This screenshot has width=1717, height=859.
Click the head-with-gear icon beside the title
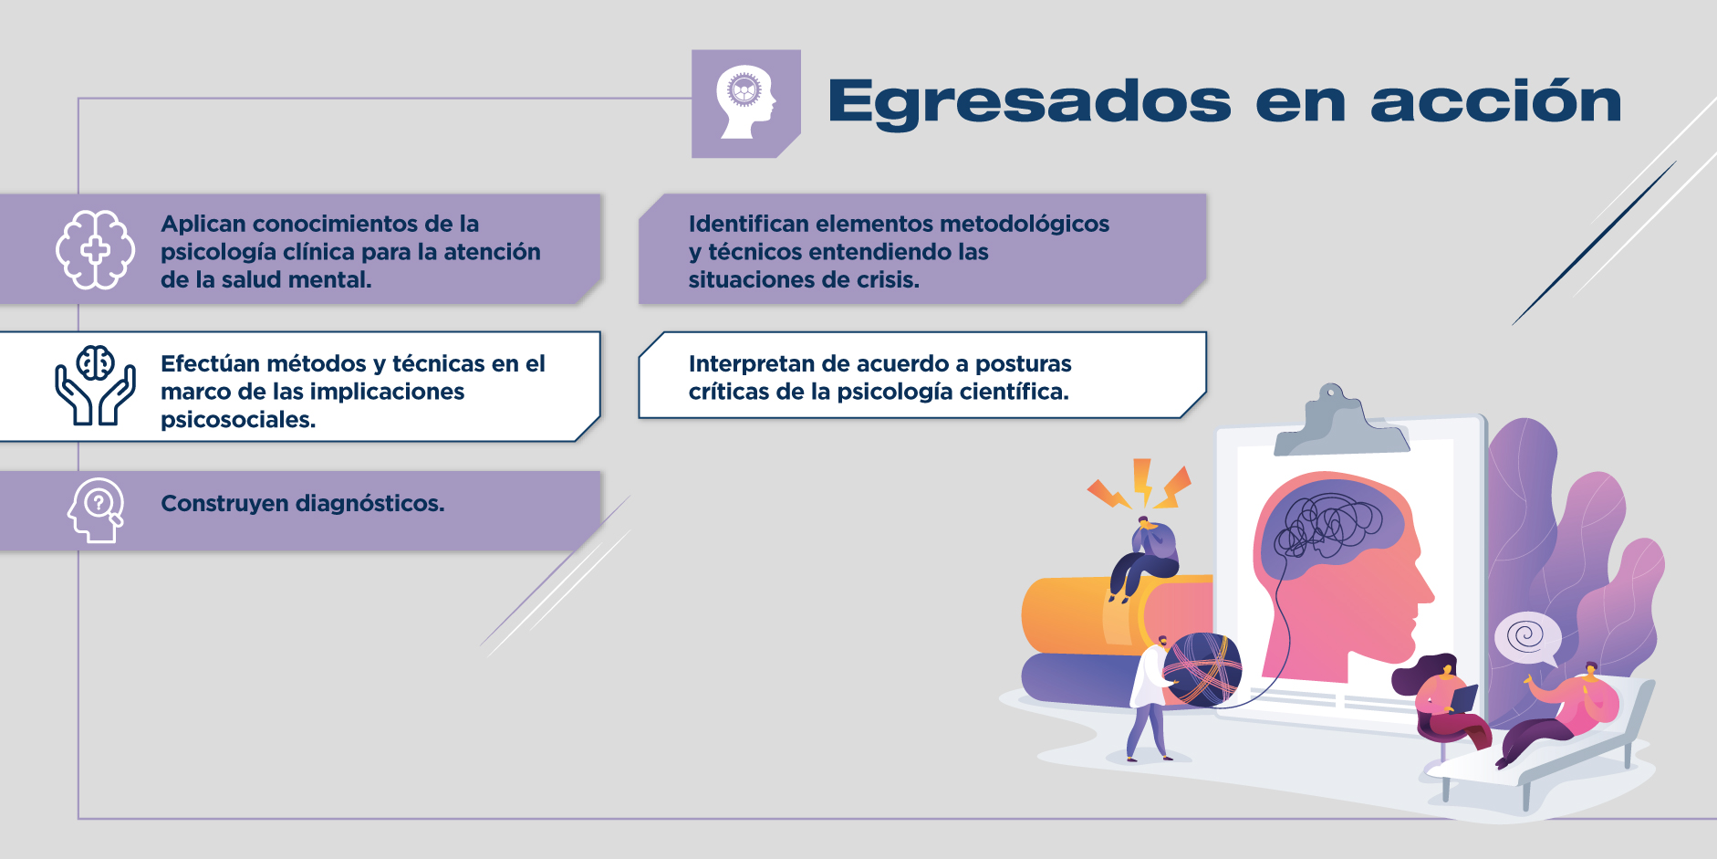click(x=746, y=103)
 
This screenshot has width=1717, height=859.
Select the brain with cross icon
click(x=95, y=250)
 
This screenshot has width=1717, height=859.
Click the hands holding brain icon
click(x=95, y=385)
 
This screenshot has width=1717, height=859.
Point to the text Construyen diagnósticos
click(x=303, y=503)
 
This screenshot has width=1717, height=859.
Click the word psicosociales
click(x=237, y=420)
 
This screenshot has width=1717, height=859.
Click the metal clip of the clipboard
click(x=1340, y=421)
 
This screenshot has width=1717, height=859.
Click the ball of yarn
click(x=1202, y=670)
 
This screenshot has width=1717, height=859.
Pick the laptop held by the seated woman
click(x=1463, y=699)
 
